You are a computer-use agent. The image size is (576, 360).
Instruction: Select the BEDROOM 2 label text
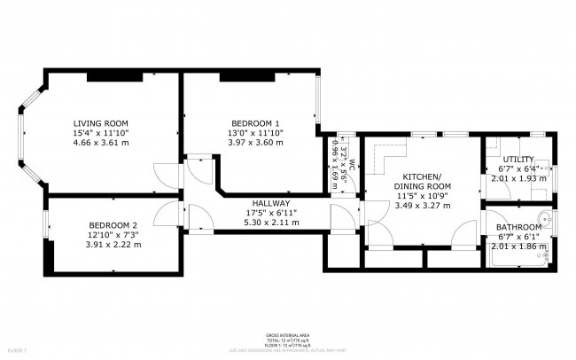(x=113, y=225)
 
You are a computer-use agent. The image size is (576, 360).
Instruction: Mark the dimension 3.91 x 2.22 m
(x=113, y=245)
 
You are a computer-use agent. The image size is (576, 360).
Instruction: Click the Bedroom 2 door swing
(x=166, y=214)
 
